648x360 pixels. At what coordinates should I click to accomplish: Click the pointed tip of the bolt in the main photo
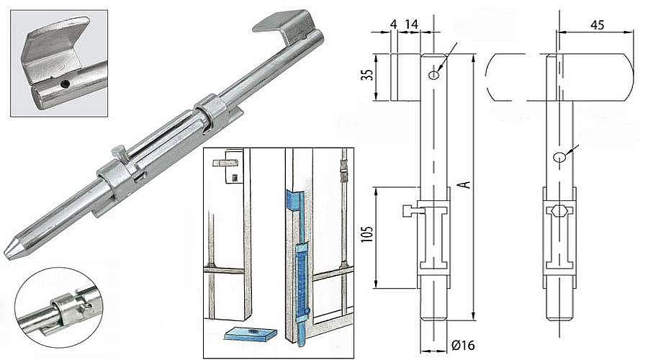(6, 255)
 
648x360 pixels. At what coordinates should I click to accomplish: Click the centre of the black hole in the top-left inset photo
(65, 84)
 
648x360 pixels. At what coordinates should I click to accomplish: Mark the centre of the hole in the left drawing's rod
(434, 74)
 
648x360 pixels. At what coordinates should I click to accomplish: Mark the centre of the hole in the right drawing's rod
(559, 157)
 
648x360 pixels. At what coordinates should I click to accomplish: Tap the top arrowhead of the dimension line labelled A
(473, 57)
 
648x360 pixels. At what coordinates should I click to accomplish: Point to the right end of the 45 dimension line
(633, 31)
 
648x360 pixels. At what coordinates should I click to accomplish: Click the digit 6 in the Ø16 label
(469, 345)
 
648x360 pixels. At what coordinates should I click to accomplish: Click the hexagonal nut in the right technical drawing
(559, 210)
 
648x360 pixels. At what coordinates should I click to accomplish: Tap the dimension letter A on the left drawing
(466, 184)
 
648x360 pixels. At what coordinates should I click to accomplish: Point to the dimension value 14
(411, 24)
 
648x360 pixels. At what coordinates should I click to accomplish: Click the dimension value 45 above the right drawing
(598, 24)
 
